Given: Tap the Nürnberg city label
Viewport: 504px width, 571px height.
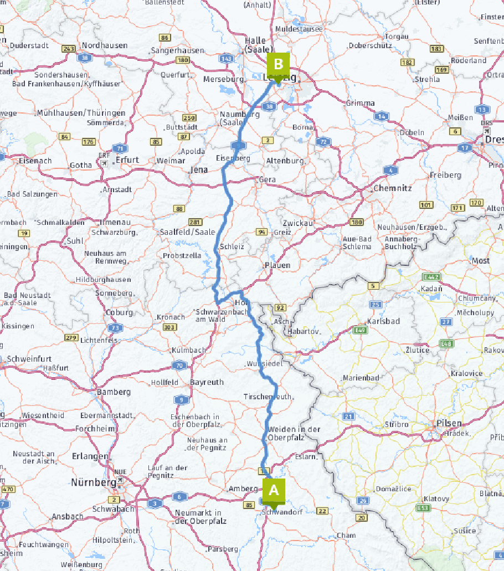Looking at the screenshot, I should tap(92, 482).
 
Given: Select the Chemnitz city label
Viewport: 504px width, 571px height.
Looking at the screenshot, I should tap(393, 188).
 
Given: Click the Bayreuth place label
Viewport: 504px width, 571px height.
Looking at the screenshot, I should tap(207, 382).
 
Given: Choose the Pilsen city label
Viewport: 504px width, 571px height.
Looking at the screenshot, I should tap(449, 423).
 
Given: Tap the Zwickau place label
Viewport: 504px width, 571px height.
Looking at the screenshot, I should tap(298, 223).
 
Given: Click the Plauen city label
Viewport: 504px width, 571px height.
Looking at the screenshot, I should tap(277, 265).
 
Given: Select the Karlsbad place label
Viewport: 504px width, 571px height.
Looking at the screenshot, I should tap(384, 321).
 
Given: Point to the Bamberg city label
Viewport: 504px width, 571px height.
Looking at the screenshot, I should tap(114, 392).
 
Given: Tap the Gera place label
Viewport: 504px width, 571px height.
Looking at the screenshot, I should tap(268, 180).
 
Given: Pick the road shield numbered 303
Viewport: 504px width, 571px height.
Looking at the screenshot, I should tap(170, 327).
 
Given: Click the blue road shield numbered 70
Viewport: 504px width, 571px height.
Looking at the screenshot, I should tap(178, 365).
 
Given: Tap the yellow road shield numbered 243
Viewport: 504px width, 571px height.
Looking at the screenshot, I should tap(69, 49).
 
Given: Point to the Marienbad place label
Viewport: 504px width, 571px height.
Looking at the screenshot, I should tap(361, 378).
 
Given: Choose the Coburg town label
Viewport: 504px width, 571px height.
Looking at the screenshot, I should tap(119, 312).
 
